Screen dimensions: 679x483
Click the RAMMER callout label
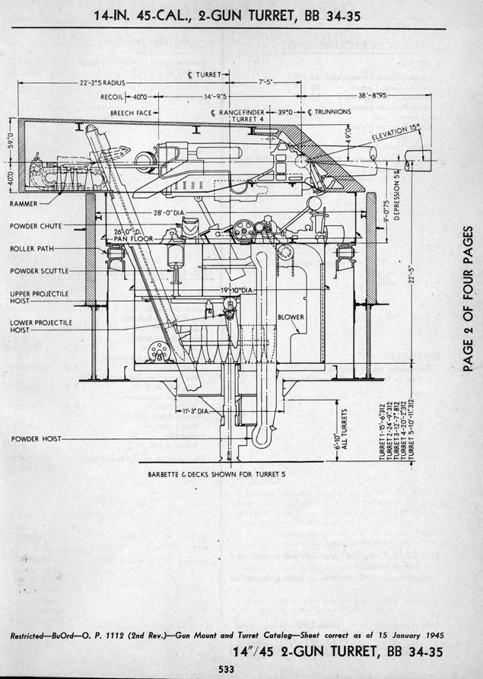(x=26, y=204)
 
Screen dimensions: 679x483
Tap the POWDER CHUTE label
(x=36, y=226)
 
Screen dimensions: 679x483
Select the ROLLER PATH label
(x=32, y=248)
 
